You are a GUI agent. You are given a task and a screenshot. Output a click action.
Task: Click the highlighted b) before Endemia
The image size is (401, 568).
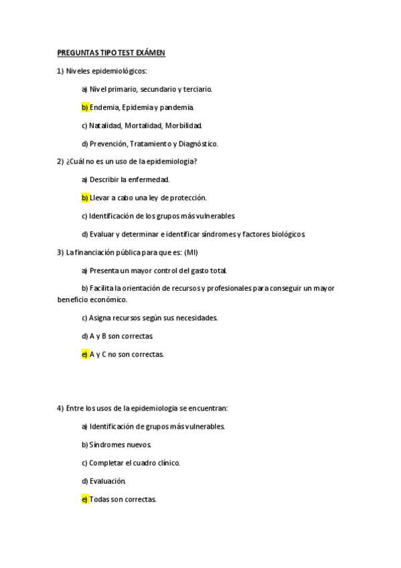tap(85, 107)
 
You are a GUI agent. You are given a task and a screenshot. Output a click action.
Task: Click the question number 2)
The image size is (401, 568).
tap(61, 161)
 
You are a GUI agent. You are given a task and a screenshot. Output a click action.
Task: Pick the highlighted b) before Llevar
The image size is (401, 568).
tap(85, 198)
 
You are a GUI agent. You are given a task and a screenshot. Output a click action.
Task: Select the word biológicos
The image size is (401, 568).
tap(286, 234)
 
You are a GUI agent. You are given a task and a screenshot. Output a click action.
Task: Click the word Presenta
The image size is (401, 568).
tap(104, 271)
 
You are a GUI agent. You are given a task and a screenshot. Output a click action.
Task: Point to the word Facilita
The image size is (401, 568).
tap(105, 289)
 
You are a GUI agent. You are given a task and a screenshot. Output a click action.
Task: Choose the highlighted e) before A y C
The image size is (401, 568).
tap(85, 354)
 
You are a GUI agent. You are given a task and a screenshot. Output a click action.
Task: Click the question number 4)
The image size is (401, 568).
tap(61, 408)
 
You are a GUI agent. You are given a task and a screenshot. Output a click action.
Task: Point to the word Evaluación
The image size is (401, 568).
tap(108, 481)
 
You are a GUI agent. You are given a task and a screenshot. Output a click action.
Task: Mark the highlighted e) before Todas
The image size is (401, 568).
tap(85, 499)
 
